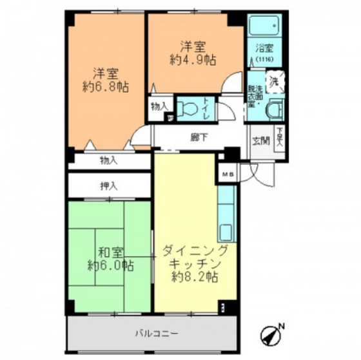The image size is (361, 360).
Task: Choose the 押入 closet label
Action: pos(109,186)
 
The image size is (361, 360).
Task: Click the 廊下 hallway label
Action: pos(199,137)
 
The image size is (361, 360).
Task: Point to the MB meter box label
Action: pos(227,174)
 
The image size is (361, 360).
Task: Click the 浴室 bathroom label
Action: pos(264,48)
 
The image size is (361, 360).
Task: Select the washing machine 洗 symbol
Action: pos(275,82)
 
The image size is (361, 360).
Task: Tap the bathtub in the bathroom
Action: pos(264,26)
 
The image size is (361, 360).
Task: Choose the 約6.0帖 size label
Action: pos(110,265)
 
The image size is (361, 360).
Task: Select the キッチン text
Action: pos(195,264)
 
